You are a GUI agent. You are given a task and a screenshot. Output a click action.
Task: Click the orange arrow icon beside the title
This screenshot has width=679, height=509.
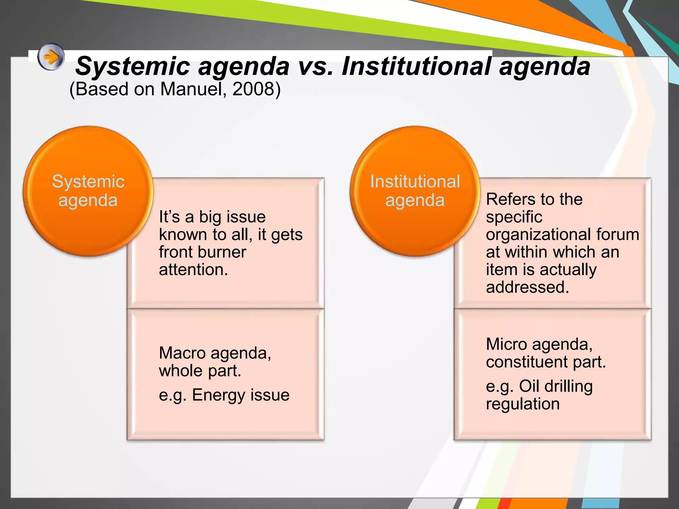pyautogui.click(x=51, y=57)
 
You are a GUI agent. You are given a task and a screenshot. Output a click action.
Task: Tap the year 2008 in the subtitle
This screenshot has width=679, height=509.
pyautogui.click(x=254, y=89)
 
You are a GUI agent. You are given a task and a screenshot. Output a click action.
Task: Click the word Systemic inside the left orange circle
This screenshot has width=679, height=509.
pyautogui.click(x=88, y=182)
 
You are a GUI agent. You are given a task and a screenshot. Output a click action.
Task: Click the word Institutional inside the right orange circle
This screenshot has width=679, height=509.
pyautogui.click(x=415, y=182)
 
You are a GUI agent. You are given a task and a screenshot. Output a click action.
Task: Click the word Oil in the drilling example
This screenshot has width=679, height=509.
pyautogui.click(x=529, y=386)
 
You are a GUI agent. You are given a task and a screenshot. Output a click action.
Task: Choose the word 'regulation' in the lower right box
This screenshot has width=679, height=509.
pyautogui.click(x=523, y=404)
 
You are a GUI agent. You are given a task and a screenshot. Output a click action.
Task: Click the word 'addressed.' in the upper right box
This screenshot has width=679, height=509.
pyautogui.click(x=527, y=287)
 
